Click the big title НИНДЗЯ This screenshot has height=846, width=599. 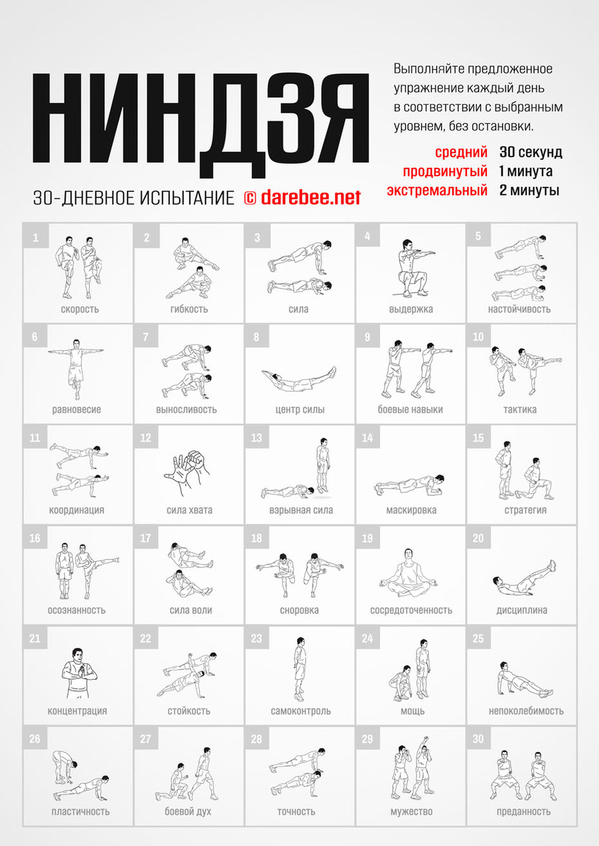coord(200,125)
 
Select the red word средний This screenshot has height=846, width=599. coord(461,152)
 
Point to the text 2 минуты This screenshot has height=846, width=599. coord(529,190)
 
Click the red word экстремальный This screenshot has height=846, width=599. coord(437,190)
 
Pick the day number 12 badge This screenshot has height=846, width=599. coord(146,437)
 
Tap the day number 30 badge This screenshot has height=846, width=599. coord(478,739)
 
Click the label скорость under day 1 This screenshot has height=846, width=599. coord(80,309)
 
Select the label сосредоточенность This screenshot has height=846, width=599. coord(411,611)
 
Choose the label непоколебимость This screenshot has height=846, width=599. coord(526,711)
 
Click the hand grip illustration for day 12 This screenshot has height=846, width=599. coord(187,472)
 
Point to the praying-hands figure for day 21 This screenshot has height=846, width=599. coord(79,673)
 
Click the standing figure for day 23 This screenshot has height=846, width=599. coord(299,669)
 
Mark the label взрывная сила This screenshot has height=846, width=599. coord(301,510)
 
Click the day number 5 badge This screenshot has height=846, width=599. coord(478,236)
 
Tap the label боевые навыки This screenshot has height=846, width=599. coord(410,410)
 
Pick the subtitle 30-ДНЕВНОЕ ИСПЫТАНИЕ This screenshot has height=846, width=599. coord(134,198)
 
